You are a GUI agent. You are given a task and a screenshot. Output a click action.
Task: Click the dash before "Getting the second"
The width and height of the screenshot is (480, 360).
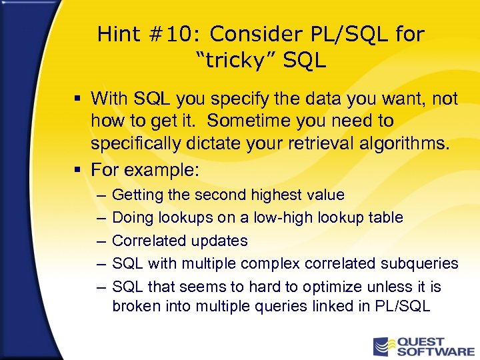100,195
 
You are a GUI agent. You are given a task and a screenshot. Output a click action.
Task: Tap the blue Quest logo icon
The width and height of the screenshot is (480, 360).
383,346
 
